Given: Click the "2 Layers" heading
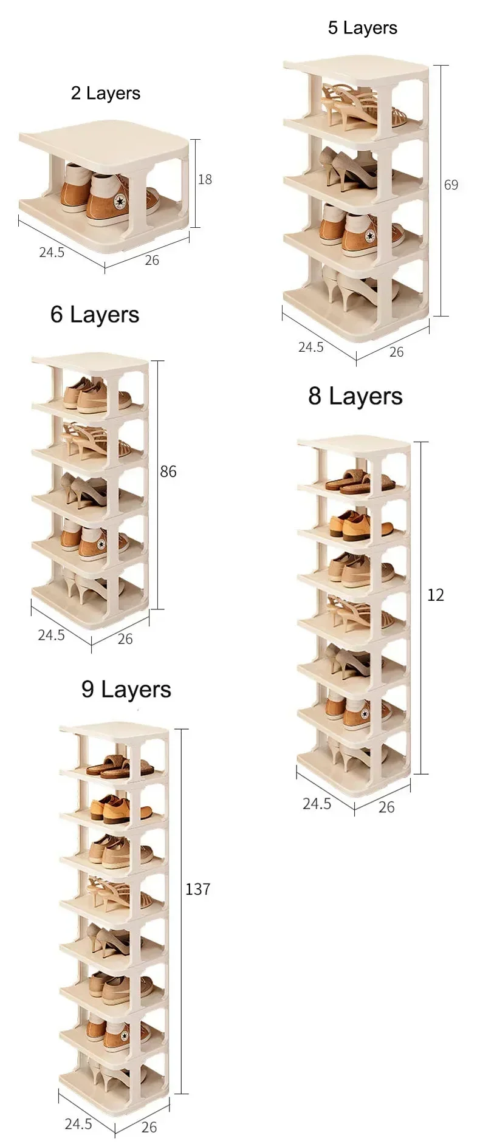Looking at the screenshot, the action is [x=106, y=93].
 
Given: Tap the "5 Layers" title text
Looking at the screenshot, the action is [x=363, y=28].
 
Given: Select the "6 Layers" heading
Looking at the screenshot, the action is [x=95, y=314].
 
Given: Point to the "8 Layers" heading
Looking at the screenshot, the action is [x=355, y=396].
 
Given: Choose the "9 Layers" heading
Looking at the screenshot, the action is [x=126, y=690].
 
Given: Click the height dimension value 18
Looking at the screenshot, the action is [x=205, y=179].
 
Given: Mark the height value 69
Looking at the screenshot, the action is [x=451, y=185].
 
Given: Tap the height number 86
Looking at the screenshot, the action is [x=168, y=471].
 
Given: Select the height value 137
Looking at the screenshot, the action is [x=197, y=889].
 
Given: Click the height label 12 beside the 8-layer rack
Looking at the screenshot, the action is [x=436, y=595].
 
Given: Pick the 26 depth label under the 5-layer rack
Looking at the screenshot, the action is [x=396, y=352].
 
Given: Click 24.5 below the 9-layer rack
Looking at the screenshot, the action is [x=78, y=1124].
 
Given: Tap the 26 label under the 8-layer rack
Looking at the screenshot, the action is [x=386, y=807].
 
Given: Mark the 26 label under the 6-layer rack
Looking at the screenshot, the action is [x=125, y=639].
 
